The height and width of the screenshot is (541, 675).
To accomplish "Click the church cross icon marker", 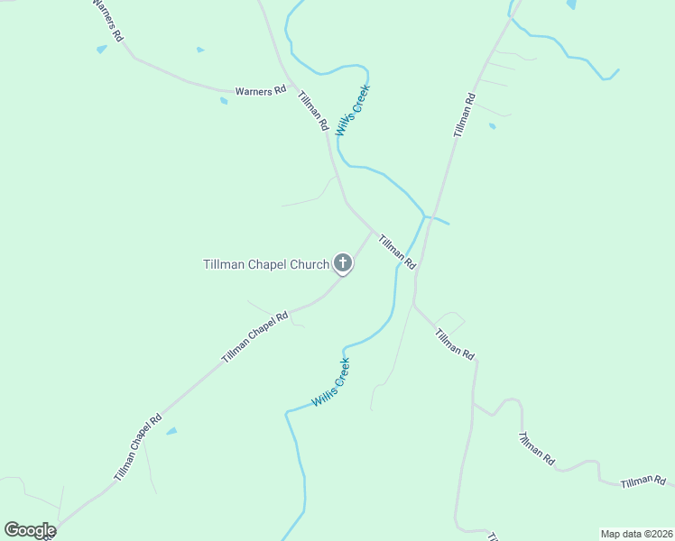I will click(x=343, y=263).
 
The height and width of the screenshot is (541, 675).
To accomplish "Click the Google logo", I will click(x=29, y=529).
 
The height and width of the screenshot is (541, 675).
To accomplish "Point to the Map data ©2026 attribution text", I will click(x=636, y=534).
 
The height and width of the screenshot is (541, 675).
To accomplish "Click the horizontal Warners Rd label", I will click(x=260, y=91).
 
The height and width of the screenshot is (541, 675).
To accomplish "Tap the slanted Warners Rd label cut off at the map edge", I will click(x=107, y=20).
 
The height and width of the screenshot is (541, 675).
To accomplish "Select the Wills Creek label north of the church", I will click(x=353, y=111).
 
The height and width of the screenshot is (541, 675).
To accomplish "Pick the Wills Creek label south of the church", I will click(x=330, y=382).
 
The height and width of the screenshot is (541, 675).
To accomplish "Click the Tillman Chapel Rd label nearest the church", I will click(x=254, y=337).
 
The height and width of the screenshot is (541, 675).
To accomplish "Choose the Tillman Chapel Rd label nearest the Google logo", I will click(x=137, y=445).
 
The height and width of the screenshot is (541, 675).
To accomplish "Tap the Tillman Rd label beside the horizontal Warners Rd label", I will click(x=312, y=110).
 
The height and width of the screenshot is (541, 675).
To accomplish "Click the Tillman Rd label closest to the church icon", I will click(x=396, y=252).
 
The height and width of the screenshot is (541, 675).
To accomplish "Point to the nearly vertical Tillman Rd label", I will click(x=464, y=115).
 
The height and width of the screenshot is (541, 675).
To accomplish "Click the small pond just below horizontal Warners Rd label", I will click(x=224, y=101).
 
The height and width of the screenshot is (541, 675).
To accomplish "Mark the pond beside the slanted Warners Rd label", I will click(x=102, y=50).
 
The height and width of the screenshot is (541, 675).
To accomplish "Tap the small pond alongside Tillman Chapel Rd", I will click(x=171, y=431).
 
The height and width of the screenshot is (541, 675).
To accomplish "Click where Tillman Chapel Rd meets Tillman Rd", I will click(x=372, y=230).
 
